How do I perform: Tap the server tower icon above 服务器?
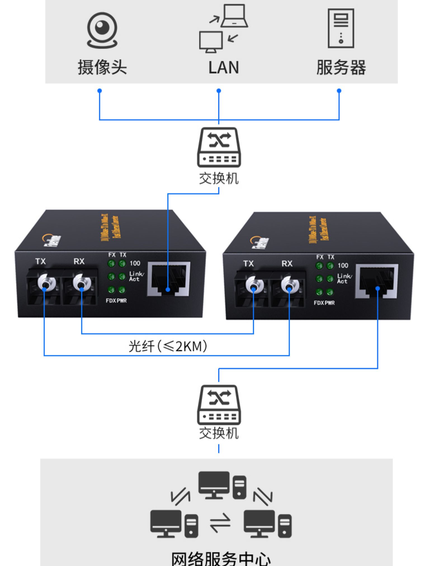[341, 28]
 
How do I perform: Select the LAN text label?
[224, 68]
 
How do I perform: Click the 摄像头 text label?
[102, 67]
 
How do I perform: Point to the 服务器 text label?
[341, 67]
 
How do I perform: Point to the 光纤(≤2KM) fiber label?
[168, 346]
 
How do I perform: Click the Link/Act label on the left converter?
[136, 276]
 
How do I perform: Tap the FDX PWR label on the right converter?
[324, 303]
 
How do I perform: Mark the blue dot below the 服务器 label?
[339, 91]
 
